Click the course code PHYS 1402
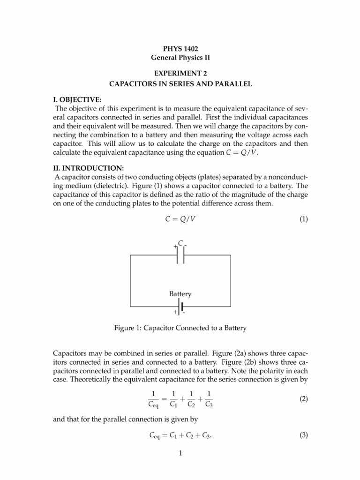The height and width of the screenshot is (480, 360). point(180,48)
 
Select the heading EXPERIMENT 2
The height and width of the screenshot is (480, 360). point(180,74)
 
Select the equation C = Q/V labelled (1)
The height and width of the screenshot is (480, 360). point(180,219)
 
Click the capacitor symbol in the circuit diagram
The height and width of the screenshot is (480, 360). point(180,255)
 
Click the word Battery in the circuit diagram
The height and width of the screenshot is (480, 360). point(180,294)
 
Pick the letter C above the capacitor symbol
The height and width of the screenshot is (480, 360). point(180,244)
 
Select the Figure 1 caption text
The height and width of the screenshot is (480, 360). point(180,329)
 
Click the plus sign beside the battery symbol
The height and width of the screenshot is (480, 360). point(175,312)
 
